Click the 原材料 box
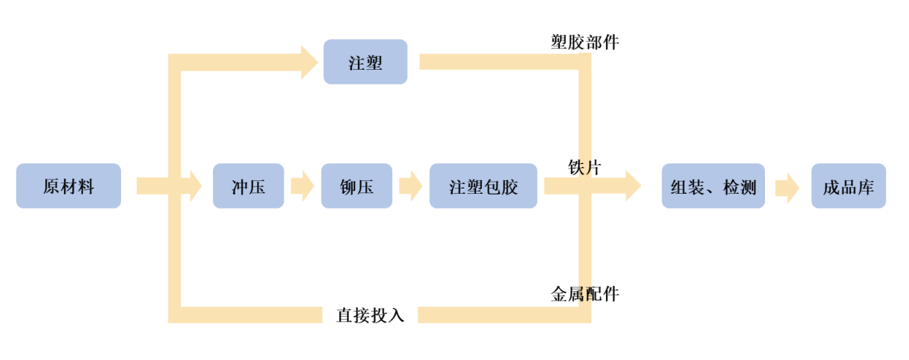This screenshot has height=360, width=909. (68, 186)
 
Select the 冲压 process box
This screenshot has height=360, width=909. (248, 186)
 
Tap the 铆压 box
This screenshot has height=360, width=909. (356, 186)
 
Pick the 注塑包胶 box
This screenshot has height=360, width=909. (483, 186)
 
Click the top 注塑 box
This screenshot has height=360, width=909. (365, 62)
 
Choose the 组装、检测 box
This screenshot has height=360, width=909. (713, 186)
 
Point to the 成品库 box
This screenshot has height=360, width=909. (848, 186)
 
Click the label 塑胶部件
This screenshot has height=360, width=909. (584, 42)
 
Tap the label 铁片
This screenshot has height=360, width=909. (584, 168)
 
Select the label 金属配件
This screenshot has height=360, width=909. (584, 294)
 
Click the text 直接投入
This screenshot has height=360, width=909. (371, 315)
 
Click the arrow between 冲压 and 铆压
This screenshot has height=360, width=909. (302, 186)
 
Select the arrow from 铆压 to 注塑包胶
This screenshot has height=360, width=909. (411, 186)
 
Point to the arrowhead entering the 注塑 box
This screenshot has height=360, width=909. (310, 62)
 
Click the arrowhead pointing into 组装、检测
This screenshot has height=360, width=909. (633, 186)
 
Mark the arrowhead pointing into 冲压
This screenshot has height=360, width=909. (195, 186)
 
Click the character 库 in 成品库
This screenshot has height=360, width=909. (865, 186)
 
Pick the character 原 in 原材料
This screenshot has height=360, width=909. (51, 186)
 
